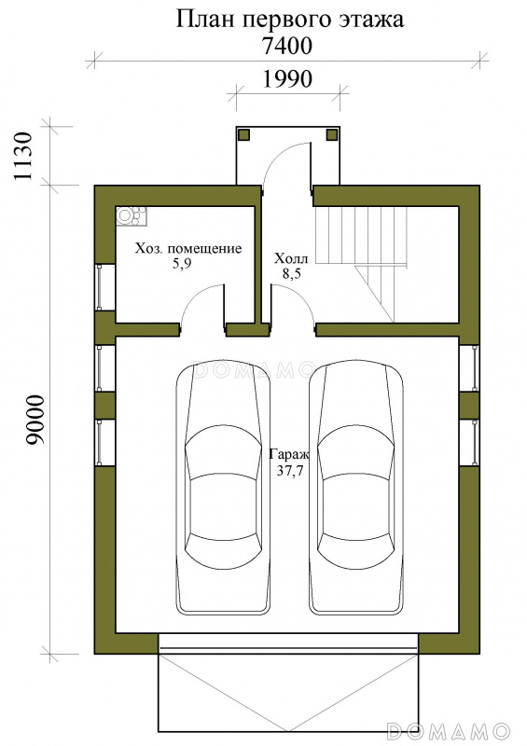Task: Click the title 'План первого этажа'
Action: click(290, 20)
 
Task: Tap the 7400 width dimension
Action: click(287, 46)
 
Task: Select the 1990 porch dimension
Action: click(287, 79)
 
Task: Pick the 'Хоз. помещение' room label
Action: click(188, 248)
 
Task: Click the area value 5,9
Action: click(182, 264)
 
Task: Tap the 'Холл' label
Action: click(291, 259)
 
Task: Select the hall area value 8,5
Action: click(291, 274)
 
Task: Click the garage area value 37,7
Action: click(290, 471)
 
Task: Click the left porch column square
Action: click(243, 134)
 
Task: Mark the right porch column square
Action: click(332, 134)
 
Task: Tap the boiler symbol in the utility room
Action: click(132, 216)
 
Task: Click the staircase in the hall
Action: click(362, 264)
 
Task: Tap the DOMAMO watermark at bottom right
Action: click(449, 729)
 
